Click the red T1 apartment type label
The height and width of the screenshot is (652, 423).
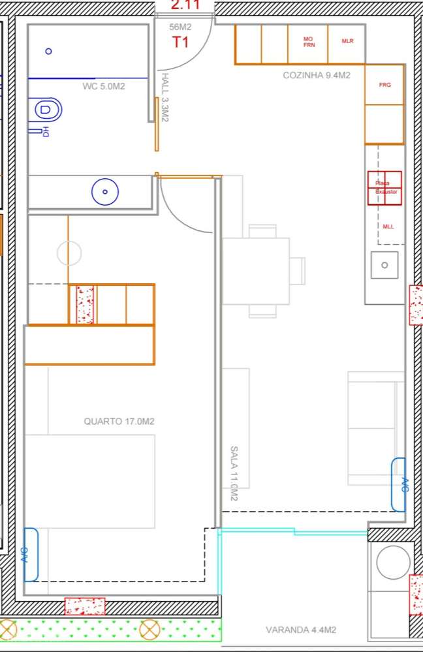coord(181,42)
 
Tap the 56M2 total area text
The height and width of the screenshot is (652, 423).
coord(180,27)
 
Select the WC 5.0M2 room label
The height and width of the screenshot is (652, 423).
coord(104,86)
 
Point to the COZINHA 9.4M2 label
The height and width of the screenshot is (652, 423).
coord(317,76)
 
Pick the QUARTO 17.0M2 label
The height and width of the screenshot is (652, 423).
coord(119,422)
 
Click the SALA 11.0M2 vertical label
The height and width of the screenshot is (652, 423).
coord(234,473)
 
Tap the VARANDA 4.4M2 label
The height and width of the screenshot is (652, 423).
coord(301,630)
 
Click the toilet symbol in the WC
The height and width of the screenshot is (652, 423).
coord(47,110)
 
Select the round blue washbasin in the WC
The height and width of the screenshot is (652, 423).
coord(105,192)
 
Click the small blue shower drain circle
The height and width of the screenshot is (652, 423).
coord(48,51)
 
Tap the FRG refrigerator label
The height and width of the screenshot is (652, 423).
coord(385,85)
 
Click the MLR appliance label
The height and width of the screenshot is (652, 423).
coord(347,41)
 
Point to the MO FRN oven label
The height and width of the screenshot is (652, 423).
coord(309,42)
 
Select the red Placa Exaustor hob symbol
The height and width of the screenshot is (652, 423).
coord(384,188)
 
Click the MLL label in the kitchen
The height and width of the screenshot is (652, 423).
coord(388,226)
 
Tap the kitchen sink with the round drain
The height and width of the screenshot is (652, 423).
coord(384,265)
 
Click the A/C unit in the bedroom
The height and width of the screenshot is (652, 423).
coord(31,554)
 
